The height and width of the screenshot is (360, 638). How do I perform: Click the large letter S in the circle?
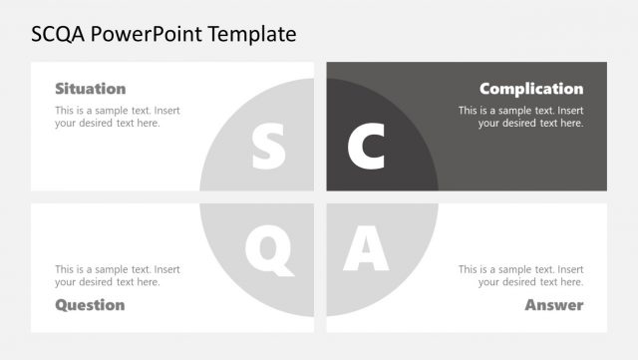[x=268, y=146]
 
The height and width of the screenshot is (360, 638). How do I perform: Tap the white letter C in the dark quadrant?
[x=366, y=146]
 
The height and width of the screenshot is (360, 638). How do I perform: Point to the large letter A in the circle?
[x=365, y=249]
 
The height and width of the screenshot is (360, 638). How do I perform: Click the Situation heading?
[x=90, y=89]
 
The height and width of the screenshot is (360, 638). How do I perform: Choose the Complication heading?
[x=531, y=89]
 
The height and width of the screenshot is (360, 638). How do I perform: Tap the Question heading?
[x=90, y=304]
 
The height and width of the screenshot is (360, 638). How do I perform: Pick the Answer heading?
[x=554, y=304]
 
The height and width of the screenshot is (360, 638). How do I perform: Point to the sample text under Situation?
[x=118, y=117]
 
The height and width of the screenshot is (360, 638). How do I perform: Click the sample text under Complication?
[x=520, y=117]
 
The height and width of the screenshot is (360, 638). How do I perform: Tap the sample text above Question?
[x=118, y=275]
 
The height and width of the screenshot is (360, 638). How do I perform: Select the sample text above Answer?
[x=520, y=275]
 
